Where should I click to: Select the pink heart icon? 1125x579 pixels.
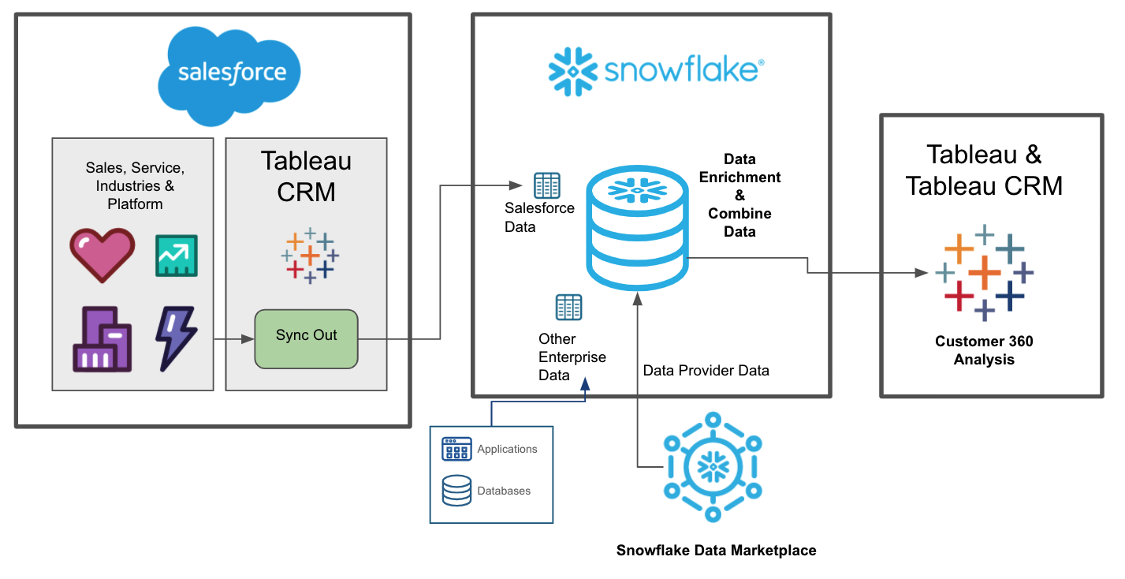[101, 255]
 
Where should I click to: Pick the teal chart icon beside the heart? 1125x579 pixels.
[176, 255]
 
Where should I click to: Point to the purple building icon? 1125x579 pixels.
[102, 339]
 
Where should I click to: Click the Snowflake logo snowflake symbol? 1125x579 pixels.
[573, 71]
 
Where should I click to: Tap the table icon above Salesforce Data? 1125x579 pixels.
[546, 185]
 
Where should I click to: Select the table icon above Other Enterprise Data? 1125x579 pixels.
[568, 307]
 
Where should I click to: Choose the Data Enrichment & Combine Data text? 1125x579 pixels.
[739, 195]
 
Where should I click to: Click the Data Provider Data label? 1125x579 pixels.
[706, 370]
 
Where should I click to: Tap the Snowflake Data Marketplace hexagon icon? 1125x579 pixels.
[713, 467]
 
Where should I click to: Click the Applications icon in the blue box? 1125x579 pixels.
[456, 449]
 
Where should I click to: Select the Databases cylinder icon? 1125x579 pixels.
[456, 490]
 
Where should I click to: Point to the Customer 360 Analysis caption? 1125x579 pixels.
[983, 350]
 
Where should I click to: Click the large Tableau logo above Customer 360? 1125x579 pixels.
[983, 272]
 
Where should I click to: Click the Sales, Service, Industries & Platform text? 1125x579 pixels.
[135, 186]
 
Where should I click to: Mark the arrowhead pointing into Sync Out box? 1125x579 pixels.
[248, 339]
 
